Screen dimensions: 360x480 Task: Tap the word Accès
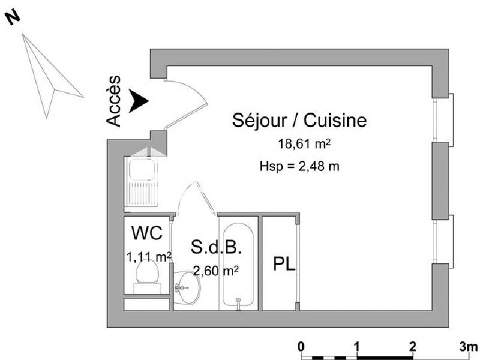click(113, 101)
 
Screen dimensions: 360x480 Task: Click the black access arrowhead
click(139, 101)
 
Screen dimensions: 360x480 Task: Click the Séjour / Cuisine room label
click(299, 120)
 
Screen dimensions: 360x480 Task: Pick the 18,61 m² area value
click(305, 144)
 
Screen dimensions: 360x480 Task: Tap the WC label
click(147, 233)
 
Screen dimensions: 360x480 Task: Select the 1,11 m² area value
click(149, 257)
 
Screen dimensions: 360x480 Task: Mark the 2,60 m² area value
click(215, 271)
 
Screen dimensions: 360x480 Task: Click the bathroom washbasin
click(188, 287)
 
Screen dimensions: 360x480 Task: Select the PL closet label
click(284, 264)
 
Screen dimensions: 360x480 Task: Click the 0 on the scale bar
click(301, 346)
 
